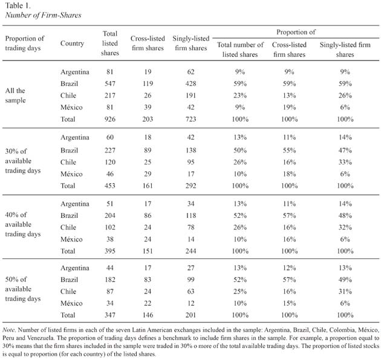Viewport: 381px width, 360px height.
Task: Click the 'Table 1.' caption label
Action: pyautogui.click(x=18, y=5)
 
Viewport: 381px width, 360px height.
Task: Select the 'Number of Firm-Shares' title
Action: pyautogui.click(x=43, y=15)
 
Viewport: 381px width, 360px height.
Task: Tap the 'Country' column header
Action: pyautogui.click(x=72, y=44)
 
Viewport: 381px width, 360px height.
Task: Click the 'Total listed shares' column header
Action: pyautogui.click(x=110, y=44)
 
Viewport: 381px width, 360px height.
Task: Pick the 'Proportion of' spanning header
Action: pyautogui.click(x=296, y=32)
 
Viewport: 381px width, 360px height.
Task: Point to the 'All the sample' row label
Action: pyautogui.click(x=15, y=95)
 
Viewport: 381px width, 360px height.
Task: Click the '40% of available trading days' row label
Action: pyautogui.click(x=23, y=224)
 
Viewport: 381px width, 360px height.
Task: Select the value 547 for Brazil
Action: pyautogui.click(x=110, y=83)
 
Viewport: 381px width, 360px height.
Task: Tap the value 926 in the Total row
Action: pyautogui.click(x=110, y=119)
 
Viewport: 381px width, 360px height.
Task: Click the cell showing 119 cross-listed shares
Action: pyautogui.click(x=148, y=83)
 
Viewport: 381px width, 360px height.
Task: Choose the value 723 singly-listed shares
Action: pyautogui.click(x=190, y=119)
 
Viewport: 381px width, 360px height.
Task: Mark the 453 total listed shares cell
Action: pyautogui.click(x=110, y=186)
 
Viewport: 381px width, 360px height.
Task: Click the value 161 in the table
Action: pyautogui.click(x=148, y=186)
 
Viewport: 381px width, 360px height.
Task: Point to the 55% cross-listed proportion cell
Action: pyautogui.click(x=289, y=150)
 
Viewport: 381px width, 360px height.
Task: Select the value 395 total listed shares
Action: pyautogui.click(x=110, y=251)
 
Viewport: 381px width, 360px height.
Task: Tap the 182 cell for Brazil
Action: pyautogui.click(x=110, y=280)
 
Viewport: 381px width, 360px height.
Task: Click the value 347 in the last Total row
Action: pyautogui.click(x=110, y=315)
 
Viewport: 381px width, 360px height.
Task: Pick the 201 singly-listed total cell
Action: pyautogui.click(x=190, y=315)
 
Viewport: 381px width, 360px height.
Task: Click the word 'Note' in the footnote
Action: pyautogui.click(x=8, y=330)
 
